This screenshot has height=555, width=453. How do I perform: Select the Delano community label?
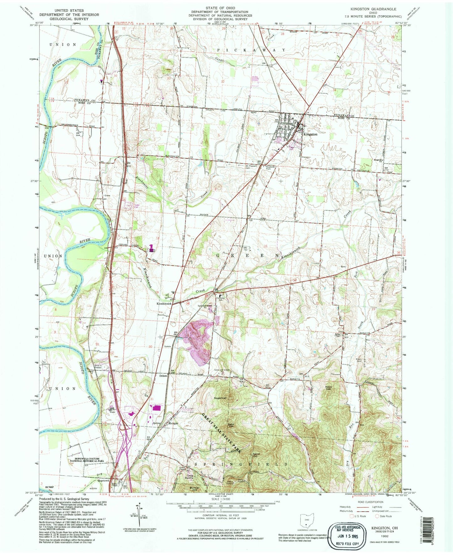[x=163, y=375]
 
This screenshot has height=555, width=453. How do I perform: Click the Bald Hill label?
[x=231, y=425]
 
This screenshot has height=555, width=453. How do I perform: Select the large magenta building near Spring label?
[x=156, y=408]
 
